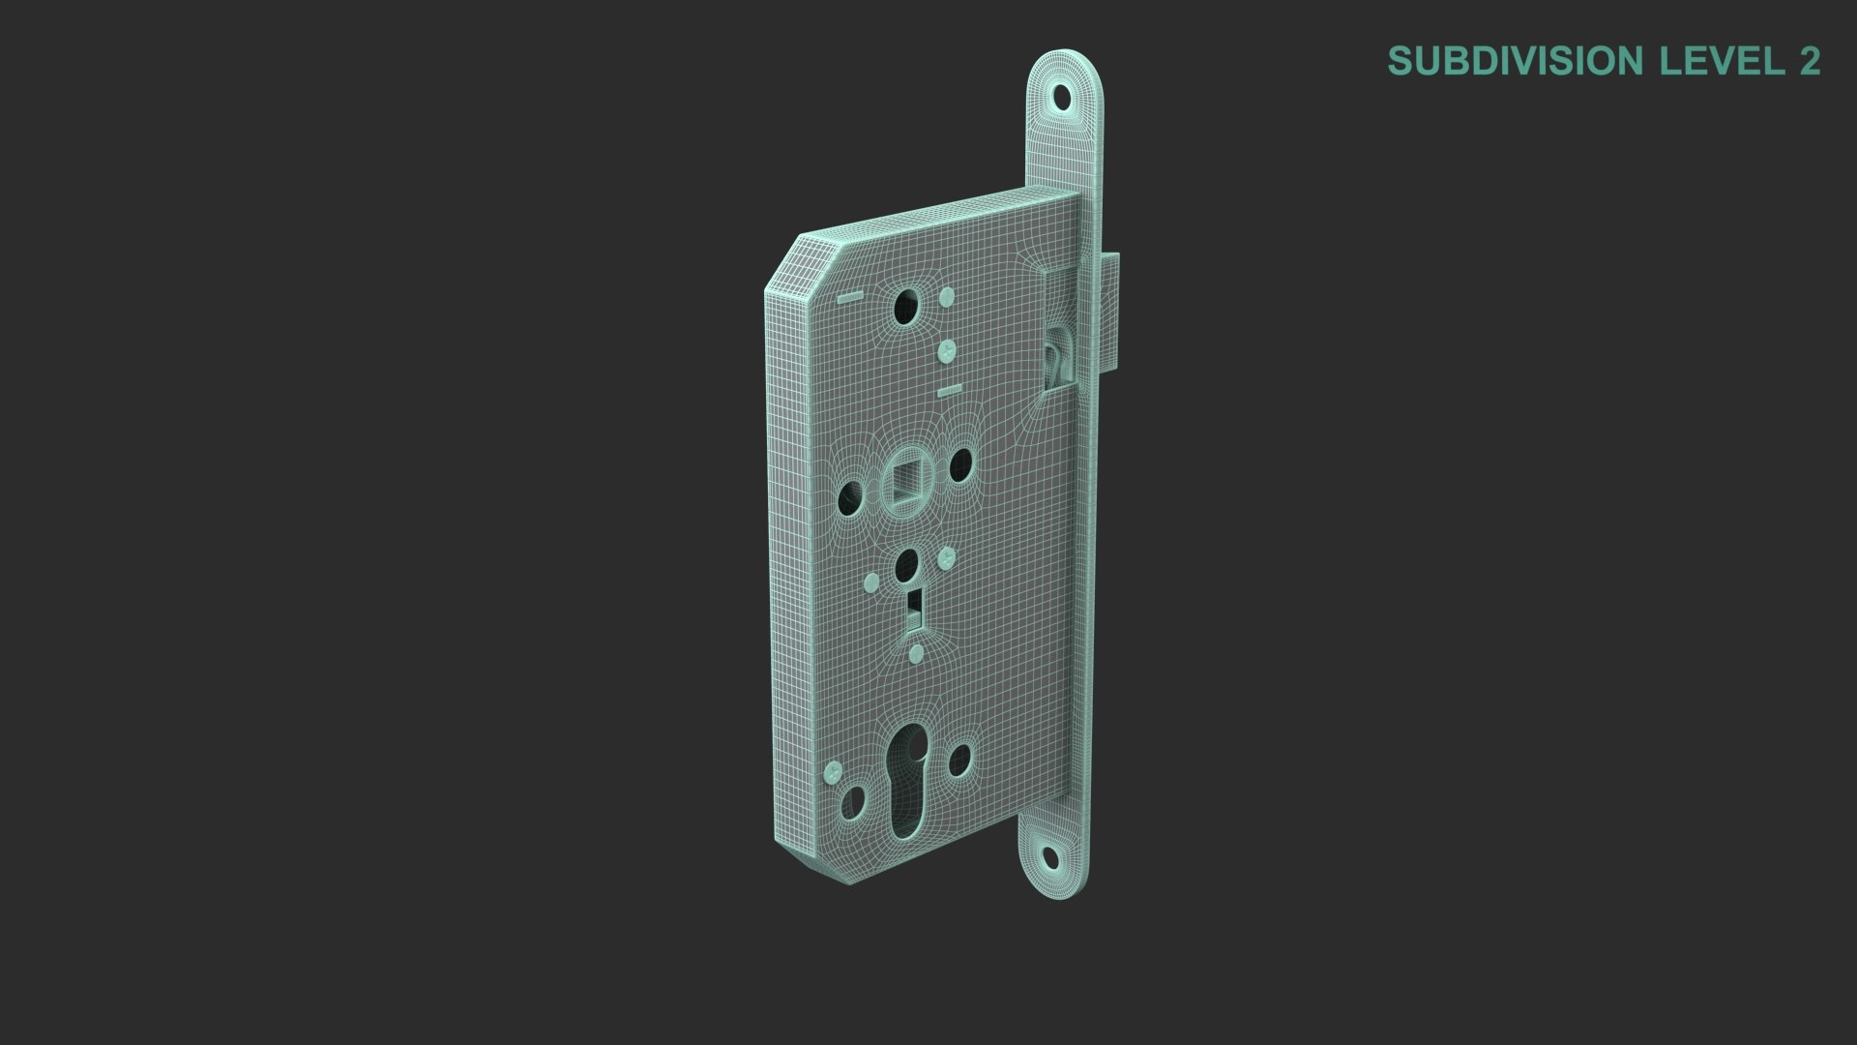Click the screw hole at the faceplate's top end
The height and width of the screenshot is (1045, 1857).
(1064, 97)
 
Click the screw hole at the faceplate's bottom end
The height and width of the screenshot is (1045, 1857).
(1049, 855)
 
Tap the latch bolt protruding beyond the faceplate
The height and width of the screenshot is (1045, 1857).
(1112, 310)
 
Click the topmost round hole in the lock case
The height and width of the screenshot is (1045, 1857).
(906, 307)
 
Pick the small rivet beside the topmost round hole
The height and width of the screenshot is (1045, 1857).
(948, 295)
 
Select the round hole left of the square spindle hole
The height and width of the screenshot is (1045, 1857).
(849, 497)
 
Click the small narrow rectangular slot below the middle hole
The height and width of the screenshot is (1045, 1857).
(914, 607)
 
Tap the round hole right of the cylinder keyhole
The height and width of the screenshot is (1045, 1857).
(959, 761)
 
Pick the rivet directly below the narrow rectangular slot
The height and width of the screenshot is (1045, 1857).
(915, 656)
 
